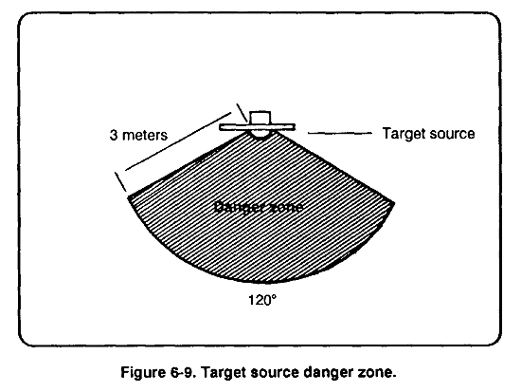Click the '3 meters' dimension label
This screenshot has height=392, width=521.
coord(138,135)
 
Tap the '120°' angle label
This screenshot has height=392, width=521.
coord(262,301)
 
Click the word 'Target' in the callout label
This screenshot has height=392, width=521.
coord(404,134)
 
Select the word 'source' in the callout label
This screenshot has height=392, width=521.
coord(452,134)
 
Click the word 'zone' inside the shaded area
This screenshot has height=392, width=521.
coord(287,208)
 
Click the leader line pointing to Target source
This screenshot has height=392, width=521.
coord(340,133)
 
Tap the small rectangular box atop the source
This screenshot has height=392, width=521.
coord(260,118)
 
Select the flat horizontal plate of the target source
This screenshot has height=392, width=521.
coord(257,127)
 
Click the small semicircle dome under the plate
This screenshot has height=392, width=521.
coord(260,134)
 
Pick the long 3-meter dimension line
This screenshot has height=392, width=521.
coord(178,141)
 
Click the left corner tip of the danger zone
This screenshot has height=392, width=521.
coord(129,197)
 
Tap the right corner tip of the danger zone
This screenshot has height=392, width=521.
coord(394,202)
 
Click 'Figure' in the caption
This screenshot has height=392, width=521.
coord(142,372)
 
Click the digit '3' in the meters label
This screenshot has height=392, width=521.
coord(114,135)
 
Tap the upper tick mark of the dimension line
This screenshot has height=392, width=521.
coord(242,113)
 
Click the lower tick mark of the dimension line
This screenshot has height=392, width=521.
coord(121,182)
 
